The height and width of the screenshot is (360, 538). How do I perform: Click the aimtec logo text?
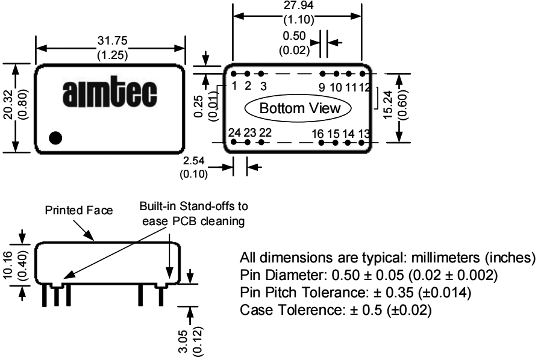click(110, 96)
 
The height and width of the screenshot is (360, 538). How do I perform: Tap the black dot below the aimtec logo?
click(55, 138)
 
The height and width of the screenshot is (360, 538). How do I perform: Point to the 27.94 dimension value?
click(298, 4)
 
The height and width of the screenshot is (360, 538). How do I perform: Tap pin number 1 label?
click(234, 85)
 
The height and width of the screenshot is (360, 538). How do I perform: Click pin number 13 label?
click(364, 133)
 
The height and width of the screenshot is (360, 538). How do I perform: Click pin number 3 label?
click(263, 85)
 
